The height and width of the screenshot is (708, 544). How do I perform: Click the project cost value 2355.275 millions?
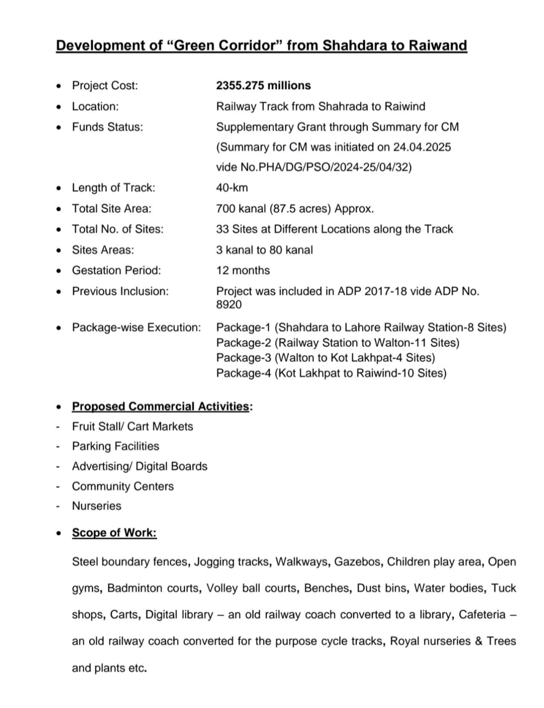tap(263, 86)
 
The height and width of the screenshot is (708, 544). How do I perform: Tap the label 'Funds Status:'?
tap(107, 127)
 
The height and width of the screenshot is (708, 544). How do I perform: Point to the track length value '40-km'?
tap(232, 188)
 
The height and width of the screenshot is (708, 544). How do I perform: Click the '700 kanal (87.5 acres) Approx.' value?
tap(295, 208)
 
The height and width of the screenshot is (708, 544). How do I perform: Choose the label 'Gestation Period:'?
tap(116, 270)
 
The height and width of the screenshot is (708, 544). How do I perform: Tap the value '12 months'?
tap(243, 270)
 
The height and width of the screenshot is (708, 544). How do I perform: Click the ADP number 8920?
tap(229, 304)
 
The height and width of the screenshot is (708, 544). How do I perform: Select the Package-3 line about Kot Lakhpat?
tap(325, 358)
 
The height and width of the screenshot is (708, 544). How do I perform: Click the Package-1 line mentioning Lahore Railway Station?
tap(361, 328)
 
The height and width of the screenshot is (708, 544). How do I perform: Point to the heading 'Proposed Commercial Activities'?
tap(161, 406)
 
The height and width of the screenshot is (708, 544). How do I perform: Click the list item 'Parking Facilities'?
tap(115, 446)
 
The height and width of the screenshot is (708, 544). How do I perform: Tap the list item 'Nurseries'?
tap(97, 506)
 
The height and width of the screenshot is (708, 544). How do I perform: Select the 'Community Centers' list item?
tap(123, 486)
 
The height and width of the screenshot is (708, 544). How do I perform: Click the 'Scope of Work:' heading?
tap(114, 532)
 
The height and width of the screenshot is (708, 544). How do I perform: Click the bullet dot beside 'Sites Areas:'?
tap(60, 250)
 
